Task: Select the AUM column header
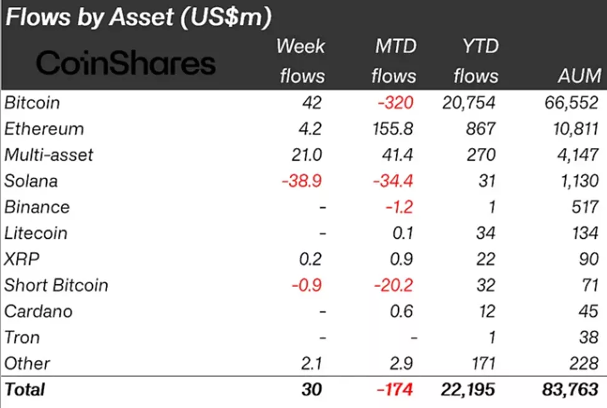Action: pos(580,76)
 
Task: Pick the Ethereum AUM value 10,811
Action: pos(571,129)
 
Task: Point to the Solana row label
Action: pos(31,181)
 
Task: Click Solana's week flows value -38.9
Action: pos(303,181)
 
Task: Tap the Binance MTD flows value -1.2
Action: pos(399,207)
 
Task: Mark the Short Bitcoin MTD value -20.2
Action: pos(393,286)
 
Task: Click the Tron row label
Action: pos(22,338)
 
